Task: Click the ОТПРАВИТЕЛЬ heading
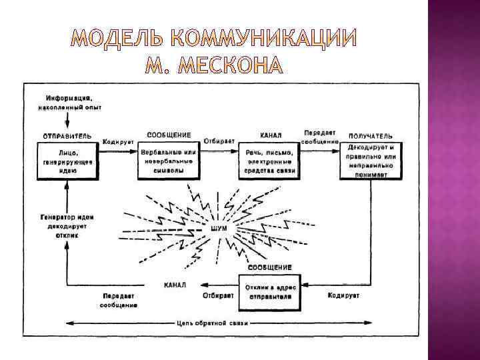click(x=67, y=135)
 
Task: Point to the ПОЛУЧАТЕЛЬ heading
click(x=371, y=135)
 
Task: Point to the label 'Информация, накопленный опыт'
click(x=65, y=103)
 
